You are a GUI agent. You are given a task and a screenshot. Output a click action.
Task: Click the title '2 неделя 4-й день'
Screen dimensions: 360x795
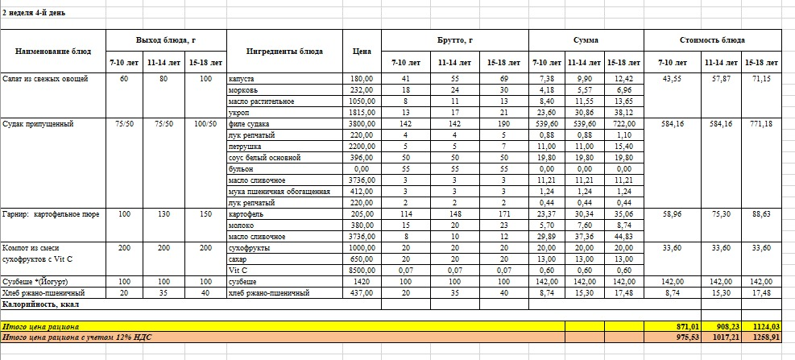(x=35, y=14)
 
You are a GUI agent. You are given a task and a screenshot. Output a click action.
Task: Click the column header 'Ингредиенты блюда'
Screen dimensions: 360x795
(x=284, y=51)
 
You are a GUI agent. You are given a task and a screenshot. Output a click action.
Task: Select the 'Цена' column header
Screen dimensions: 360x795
(x=362, y=51)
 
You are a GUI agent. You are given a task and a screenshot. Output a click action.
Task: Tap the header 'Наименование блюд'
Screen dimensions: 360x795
(x=53, y=51)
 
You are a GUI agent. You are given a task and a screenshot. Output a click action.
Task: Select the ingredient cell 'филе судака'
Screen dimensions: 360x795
(x=250, y=124)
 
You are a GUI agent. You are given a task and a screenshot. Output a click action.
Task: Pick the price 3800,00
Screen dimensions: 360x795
(x=361, y=124)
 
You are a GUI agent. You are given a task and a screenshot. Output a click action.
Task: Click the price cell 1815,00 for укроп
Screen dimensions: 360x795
(x=361, y=113)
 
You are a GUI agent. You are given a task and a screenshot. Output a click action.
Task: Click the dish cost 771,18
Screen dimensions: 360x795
(x=758, y=124)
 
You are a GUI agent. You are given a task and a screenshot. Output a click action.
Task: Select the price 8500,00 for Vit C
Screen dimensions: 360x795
(x=361, y=271)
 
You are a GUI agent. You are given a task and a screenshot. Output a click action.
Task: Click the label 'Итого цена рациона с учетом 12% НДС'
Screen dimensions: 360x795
(x=77, y=337)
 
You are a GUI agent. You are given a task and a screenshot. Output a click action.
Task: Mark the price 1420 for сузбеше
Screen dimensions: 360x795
(x=363, y=282)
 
